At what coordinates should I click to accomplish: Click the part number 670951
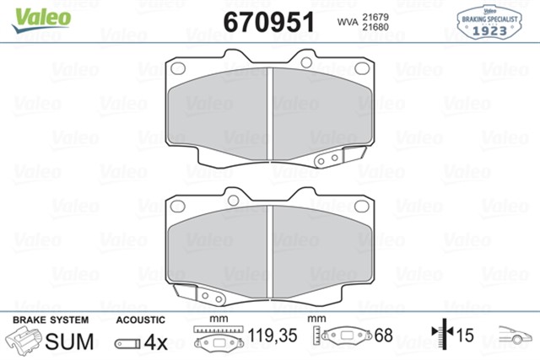coord(267,20)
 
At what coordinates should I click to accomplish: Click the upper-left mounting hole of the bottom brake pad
coord(178,205)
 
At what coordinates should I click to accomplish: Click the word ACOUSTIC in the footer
coord(141,320)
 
